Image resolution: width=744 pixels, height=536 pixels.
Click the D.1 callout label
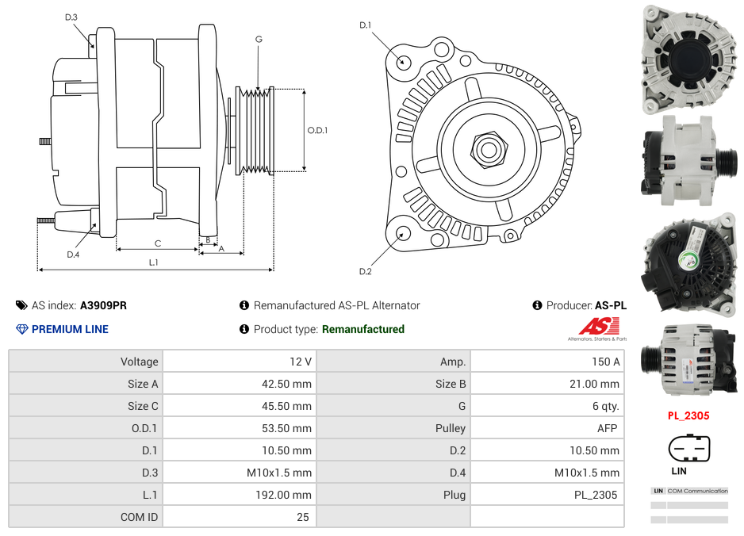(365, 25)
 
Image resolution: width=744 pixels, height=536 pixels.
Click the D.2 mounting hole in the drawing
(403, 233)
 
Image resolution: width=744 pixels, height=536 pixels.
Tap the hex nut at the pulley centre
(488, 148)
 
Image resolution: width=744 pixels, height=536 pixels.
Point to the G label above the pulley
(259, 39)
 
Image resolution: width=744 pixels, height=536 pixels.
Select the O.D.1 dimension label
(317, 130)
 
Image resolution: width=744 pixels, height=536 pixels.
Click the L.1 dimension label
(153, 262)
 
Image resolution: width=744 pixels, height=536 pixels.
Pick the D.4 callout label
(73, 255)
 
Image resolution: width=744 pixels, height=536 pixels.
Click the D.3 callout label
(71, 17)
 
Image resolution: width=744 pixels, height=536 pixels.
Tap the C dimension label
(157, 243)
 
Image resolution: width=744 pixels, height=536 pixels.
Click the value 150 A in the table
(605, 362)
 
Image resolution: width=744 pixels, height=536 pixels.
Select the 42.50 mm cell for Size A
(288, 384)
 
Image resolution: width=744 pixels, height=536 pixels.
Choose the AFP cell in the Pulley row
(607, 428)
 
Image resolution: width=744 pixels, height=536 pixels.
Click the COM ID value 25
(302, 517)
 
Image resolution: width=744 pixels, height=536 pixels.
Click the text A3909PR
(103, 305)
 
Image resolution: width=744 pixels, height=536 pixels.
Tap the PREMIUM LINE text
(70, 329)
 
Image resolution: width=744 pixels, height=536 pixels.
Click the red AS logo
(596, 327)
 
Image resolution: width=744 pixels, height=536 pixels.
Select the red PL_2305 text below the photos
(688, 415)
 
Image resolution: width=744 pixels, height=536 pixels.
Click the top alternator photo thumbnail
(688, 58)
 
